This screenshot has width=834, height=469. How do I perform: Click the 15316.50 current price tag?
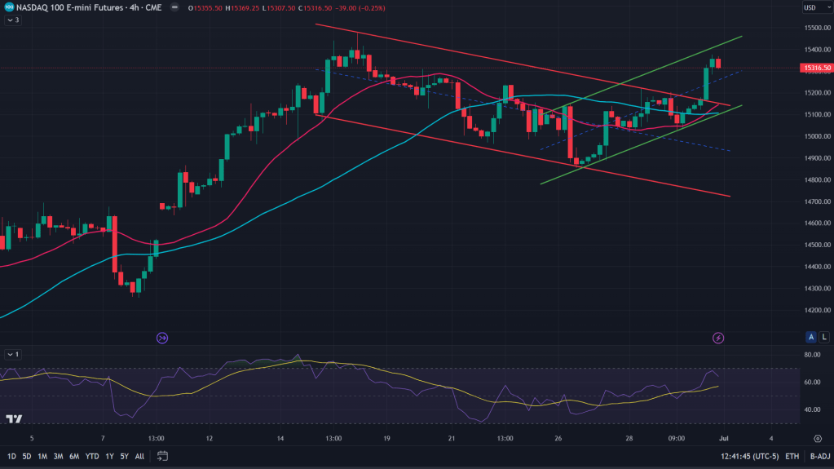[x=816, y=69]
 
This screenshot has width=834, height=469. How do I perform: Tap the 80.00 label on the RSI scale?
[x=811, y=355]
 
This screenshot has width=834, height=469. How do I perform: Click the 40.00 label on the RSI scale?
[x=811, y=409]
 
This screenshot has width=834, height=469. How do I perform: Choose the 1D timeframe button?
[x=12, y=456]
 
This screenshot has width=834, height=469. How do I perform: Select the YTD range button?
[x=92, y=456]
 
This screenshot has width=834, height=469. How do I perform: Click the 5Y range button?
[x=124, y=456]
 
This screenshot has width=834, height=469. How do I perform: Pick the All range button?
[x=139, y=456]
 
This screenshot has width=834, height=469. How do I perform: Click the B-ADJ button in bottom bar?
[x=819, y=456]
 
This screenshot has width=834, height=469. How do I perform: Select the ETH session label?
[x=792, y=456]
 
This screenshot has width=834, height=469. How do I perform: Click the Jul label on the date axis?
[x=724, y=438]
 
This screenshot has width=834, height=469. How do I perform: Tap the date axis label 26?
[x=558, y=438]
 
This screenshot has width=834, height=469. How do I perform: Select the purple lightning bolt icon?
[x=718, y=337]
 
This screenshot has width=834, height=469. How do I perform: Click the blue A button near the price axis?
[x=810, y=337]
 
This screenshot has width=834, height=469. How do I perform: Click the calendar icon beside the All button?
[x=162, y=456]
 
